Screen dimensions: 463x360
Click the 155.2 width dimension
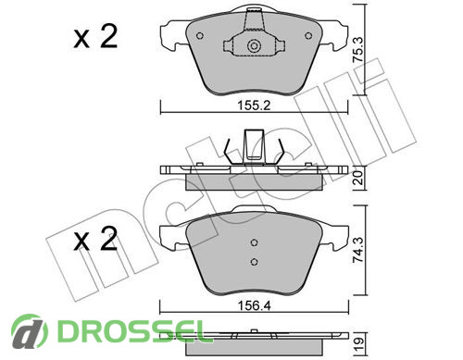[x=254, y=106]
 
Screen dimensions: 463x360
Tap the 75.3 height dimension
[x=358, y=50]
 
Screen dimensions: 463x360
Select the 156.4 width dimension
[x=254, y=305]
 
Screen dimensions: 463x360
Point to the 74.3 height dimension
[x=358, y=250]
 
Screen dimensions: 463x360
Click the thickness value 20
[x=358, y=178]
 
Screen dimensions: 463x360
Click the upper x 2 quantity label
[x=95, y=37]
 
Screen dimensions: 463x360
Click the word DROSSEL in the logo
[x=131, y=331]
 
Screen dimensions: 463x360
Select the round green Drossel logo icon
[x=30, y=331]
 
